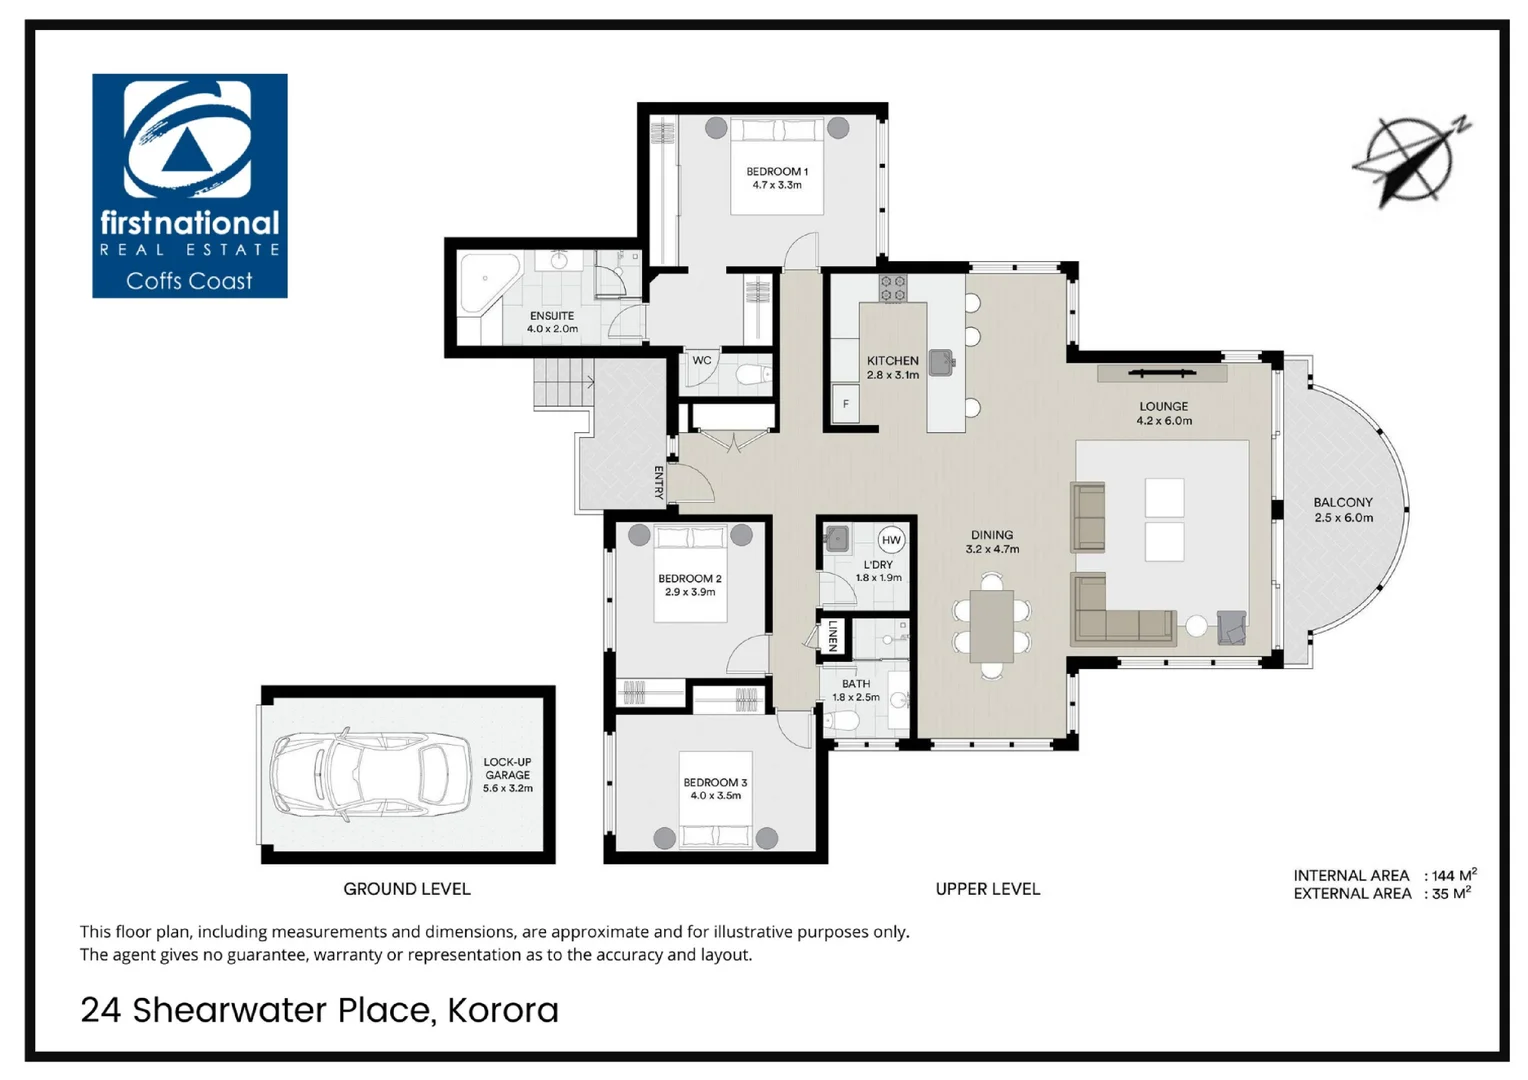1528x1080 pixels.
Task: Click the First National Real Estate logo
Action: pyautogui.click(x=189, y=185)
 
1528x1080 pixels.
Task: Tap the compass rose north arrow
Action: pyautogui.click(x=1411, y=161)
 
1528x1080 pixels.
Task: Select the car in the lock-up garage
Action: pyautogui.click(x=370, y=774)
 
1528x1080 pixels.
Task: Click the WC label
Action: pyautogui.click(x=702, y=361)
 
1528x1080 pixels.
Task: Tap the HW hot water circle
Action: pyautogui.click(x=891, y=540)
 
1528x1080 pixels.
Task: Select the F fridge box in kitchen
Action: pyautogui.click(x=846, y=404)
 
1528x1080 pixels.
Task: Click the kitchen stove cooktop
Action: pyautogui.click(x=892, y=289)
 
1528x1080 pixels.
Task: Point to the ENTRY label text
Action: pyautogui.click(x=659, y=482)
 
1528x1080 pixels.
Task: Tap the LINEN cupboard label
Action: pyautogui.click(x=832, y=636)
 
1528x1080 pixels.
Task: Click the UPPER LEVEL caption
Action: pyautogui.click(x=987, y=889)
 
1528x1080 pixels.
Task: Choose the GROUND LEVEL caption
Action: pyautogui.click(x=406, y=889)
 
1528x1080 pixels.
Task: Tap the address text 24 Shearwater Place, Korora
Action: pyautogui.click(x=319, y=1010)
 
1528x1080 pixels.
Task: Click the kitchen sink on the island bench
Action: pyautogui.click(x=941, y=362)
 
